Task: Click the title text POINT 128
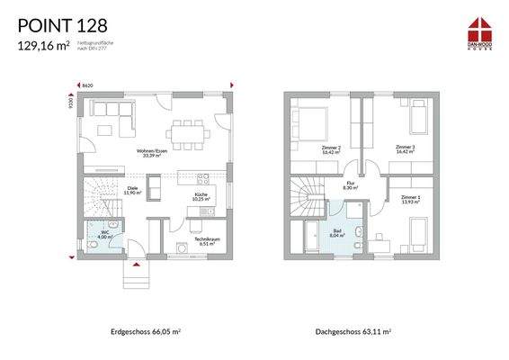point(62,24)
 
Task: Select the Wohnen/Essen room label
point(151,152)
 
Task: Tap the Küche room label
point(201,196)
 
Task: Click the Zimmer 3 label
point(405,148)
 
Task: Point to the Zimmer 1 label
point(410,199)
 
